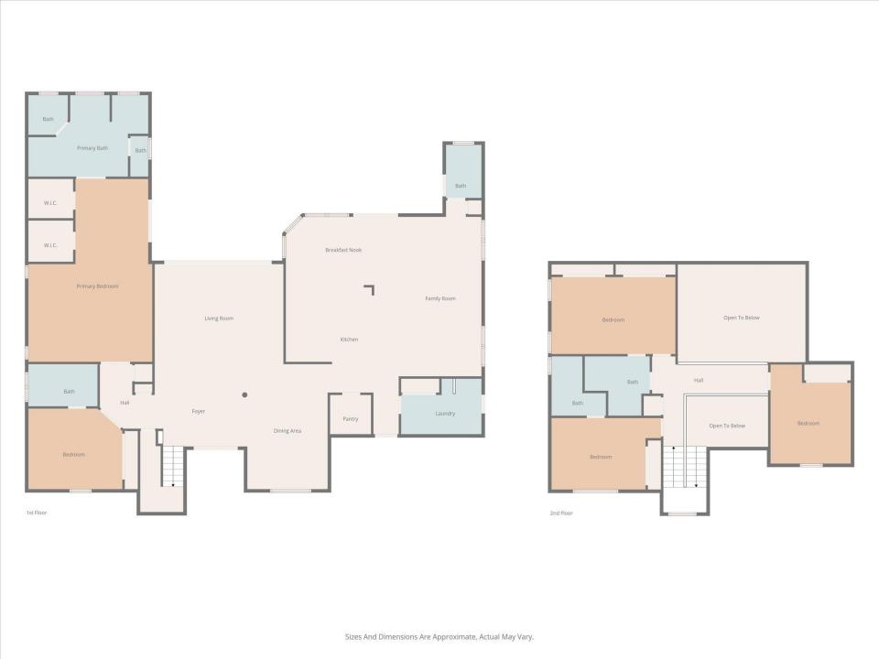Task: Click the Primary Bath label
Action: tap(92, 147)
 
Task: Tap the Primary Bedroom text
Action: tap(97, 286)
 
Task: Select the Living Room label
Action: tap(219, 319)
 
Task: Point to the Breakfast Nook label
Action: tap(343, 250)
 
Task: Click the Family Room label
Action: tap(440, 298)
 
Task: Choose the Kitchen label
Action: tap(349, 340)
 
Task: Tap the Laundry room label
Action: tap(445, 414)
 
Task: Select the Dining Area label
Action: tap(288, 430)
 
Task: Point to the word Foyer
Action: tap(198, 411)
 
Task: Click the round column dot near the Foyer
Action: tap(244, 395)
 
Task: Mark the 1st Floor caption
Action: tap(37, 513)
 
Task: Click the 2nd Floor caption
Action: tap(561, 513)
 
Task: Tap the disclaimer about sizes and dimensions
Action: tap(439, 637)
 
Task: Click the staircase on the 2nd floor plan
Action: tap(685, 467)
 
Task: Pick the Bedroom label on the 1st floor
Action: tap(73, 455)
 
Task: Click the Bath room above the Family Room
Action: tap(461, 186)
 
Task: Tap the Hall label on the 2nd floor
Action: tap(699, 380)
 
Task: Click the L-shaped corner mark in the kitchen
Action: tap(370, 289)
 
